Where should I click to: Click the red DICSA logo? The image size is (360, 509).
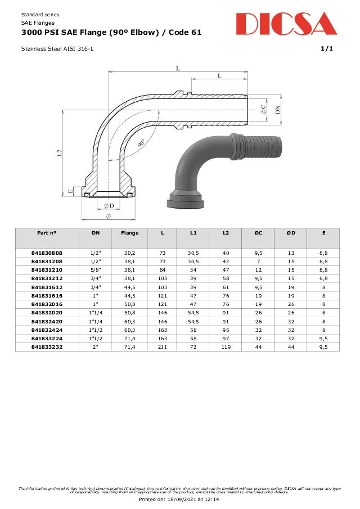pos(286,24)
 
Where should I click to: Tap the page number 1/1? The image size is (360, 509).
pos(327,49)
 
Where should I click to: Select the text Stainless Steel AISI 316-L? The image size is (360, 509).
pos(57,49)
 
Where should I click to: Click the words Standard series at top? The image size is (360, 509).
pos(40,14)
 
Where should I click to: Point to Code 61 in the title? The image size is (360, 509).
pos(183,33)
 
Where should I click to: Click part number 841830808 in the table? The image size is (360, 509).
pos(47,254)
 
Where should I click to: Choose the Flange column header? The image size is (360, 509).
pos(129,232)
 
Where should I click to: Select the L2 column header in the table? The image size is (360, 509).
pos(226,232)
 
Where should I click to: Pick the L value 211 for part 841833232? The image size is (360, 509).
pos(162,346)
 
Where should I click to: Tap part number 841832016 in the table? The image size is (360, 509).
pos(47,304)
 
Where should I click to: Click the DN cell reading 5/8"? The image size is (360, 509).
pos(95,271)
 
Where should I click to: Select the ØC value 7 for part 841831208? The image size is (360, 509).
pos(258,262)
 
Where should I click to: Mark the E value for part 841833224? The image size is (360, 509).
pos(323,338)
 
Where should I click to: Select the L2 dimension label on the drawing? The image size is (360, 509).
pos(60,153)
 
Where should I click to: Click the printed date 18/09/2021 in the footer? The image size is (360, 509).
pos(191,499)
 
